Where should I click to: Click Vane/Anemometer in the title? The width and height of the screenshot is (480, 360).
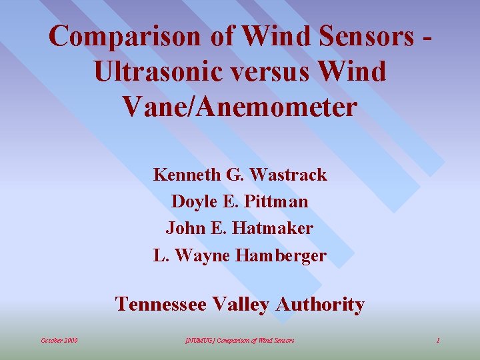coord(240,105)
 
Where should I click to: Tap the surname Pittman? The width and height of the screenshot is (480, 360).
coord(276,201)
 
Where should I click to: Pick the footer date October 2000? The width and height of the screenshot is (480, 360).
coord(59,341)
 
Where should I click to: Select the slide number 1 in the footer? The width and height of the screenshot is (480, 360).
coord(438,341)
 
